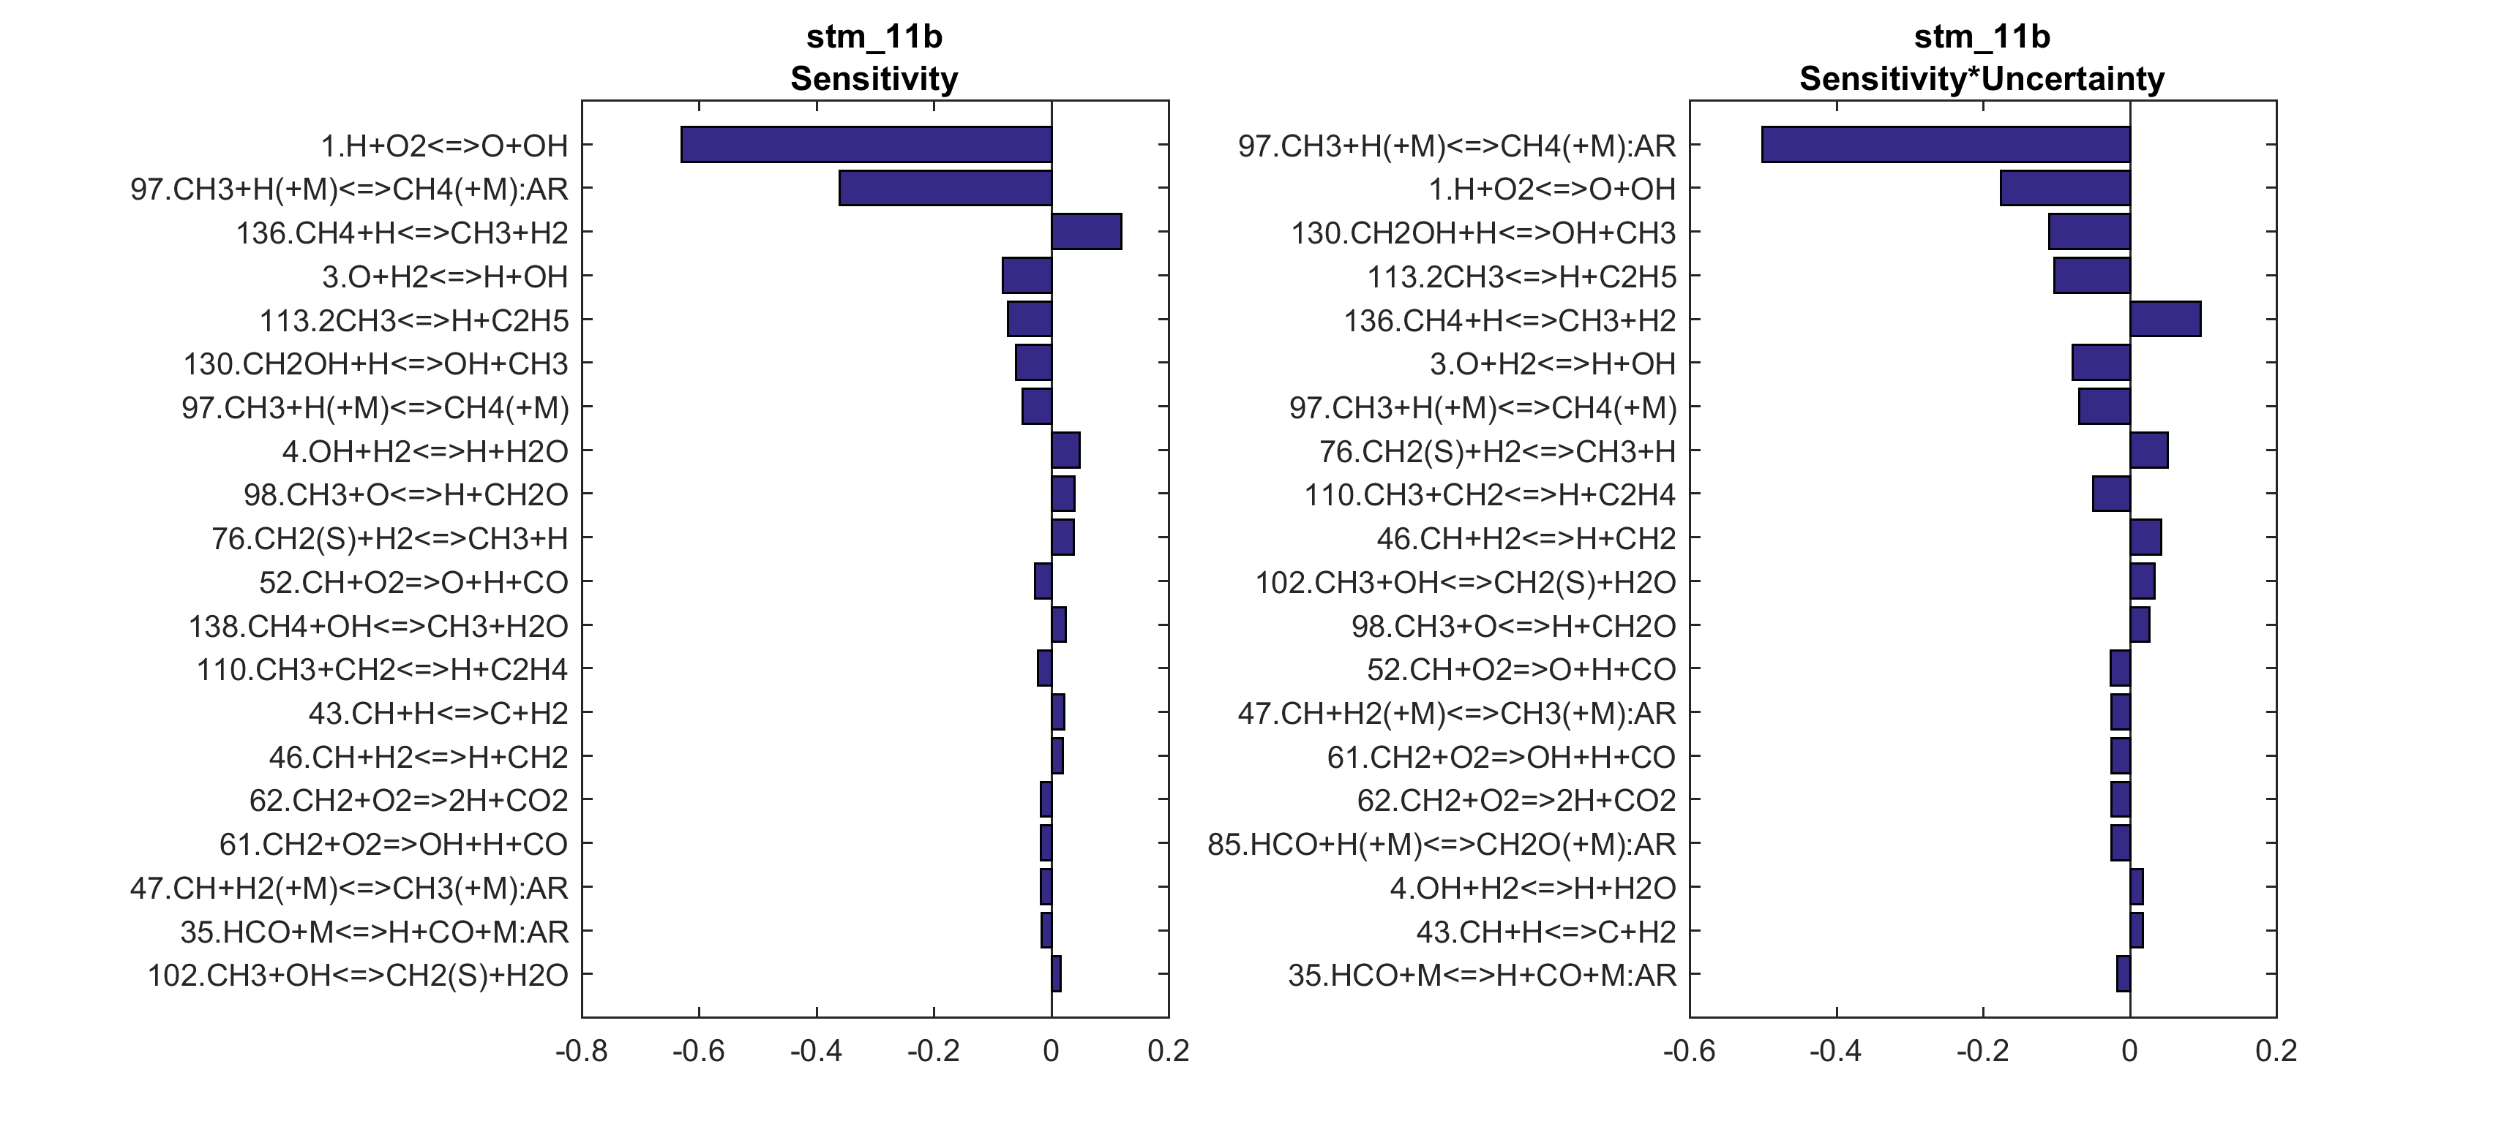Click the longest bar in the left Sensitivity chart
tap(866, 145)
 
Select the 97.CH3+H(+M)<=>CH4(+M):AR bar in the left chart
tap(945, 189)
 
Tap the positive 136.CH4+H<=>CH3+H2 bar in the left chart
tap(1087, 233)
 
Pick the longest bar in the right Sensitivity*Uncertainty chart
tap(1946, 145)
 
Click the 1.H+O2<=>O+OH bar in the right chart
tap(2065, 189)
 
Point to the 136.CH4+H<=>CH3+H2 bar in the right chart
tap(2165, 319)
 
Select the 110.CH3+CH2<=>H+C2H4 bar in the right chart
tap(2111, 494)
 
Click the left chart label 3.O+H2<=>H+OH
tap(445, 276)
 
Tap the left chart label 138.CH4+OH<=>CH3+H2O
tap(378, 626)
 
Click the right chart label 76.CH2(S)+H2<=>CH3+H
tap(1496, 451)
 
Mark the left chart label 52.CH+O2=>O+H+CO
tap(413, 582)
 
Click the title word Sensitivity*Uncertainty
tap(1982, 78)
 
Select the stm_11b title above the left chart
tap(874, 36)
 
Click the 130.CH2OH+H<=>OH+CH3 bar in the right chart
tap(2089, 233)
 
